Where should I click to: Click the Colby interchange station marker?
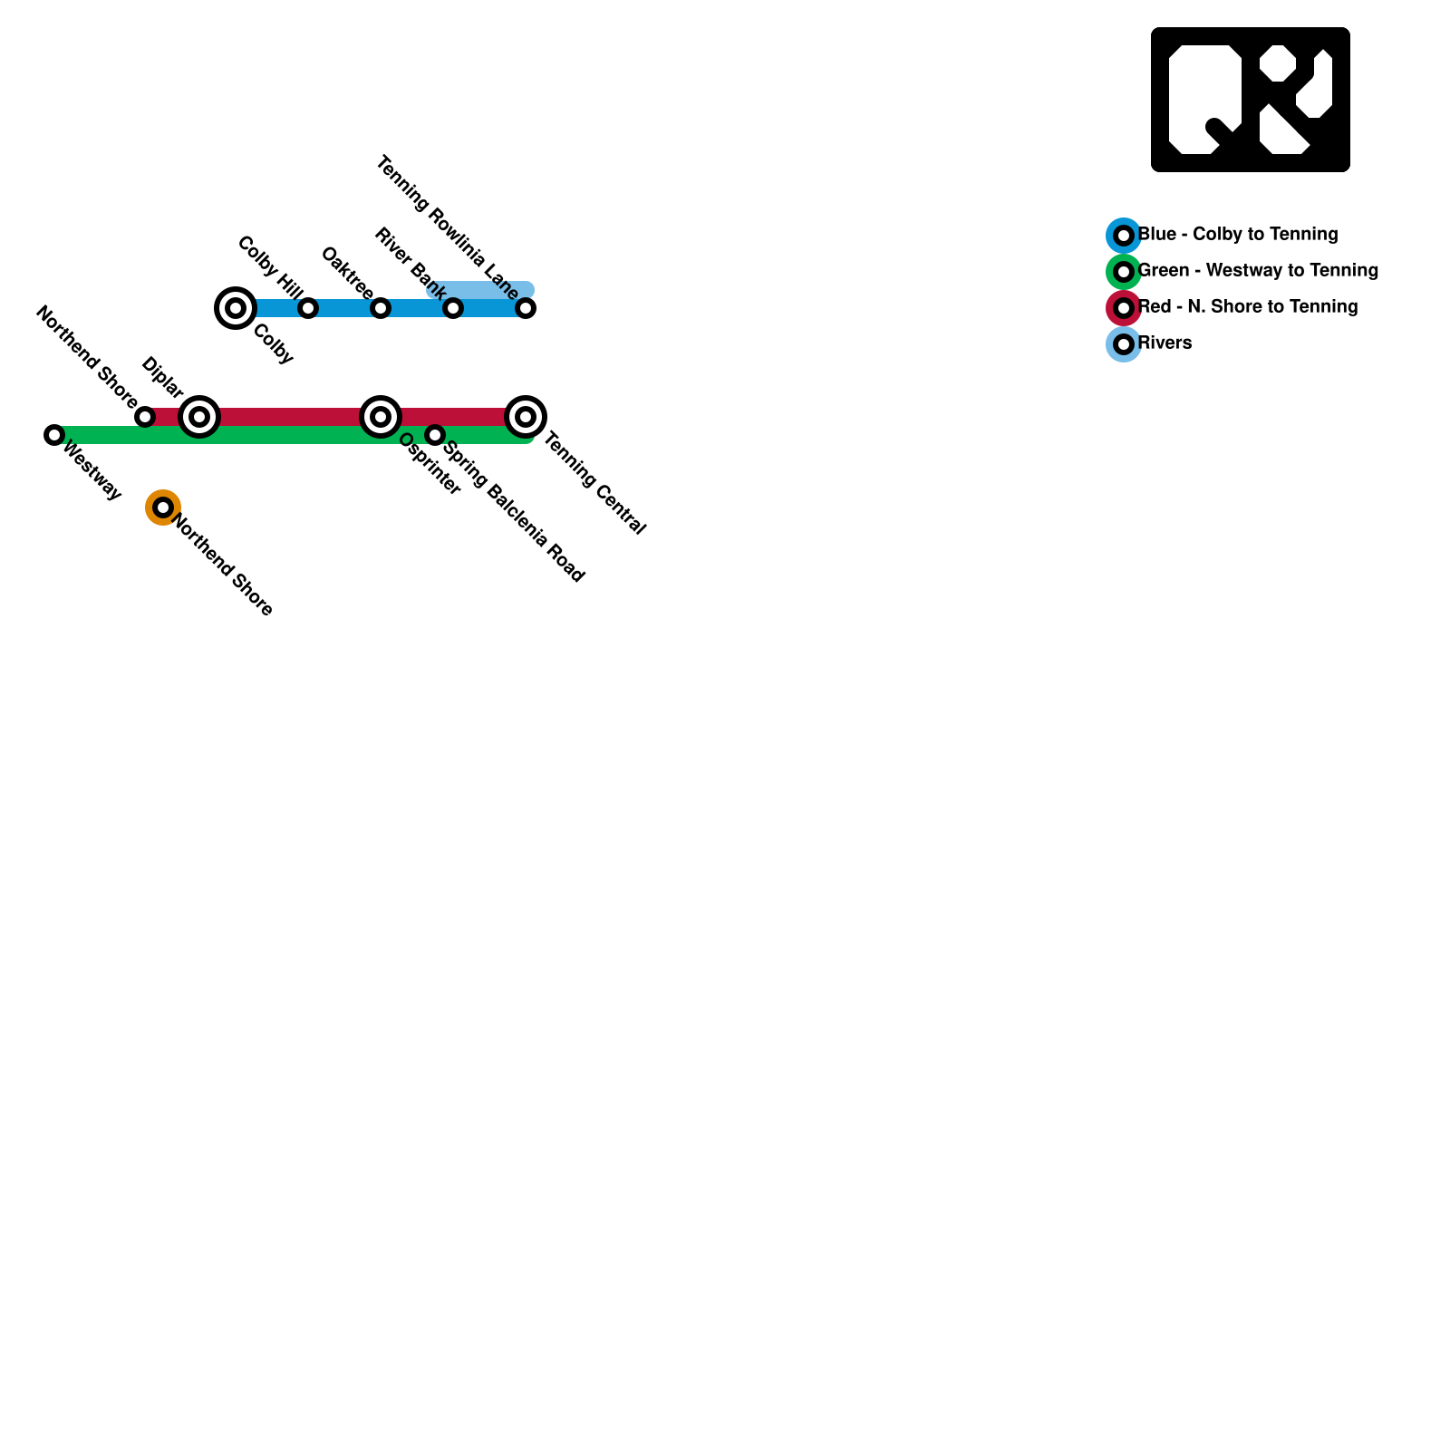pyautogui.click(x=236, y=308)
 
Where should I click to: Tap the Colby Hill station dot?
pyautogui.click(x=308, y=308)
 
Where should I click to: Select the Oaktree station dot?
pyautogui.click(x=381, y=308)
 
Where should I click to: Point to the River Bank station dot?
pyautogui.click(x=453, y=308)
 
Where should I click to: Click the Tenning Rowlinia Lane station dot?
pyautogui.click(x=526, y=308)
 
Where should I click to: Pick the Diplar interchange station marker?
pyautogui.click(x=199, y=417)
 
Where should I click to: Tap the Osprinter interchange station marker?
pyautogui.click(x=381, y=417)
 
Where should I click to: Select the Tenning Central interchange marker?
pyautogui.click(x=526, y=417)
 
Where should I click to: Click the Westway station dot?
pyautogui.click(x=54, y=435)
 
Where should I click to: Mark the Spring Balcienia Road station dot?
pyautogui.click(x=435, y=435)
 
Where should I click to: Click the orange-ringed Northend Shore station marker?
pyautogui.click(x=163, y=507)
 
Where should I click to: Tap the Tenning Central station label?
pyautogui.click(x=594, y=484)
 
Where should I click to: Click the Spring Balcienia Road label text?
pyautogui.click(x=513, y=511)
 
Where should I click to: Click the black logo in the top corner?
pyautogui.click(x=1251, y=100)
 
